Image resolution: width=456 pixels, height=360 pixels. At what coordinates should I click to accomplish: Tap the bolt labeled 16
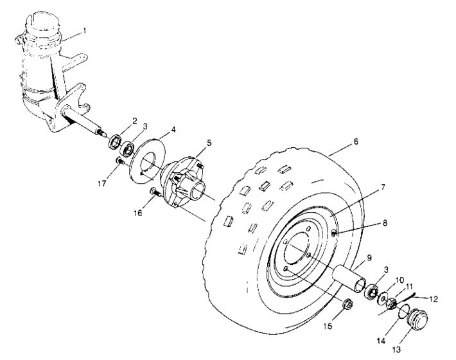tap(153, 192)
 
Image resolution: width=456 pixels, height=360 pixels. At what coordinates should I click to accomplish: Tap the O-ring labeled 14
tap(403, 313)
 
